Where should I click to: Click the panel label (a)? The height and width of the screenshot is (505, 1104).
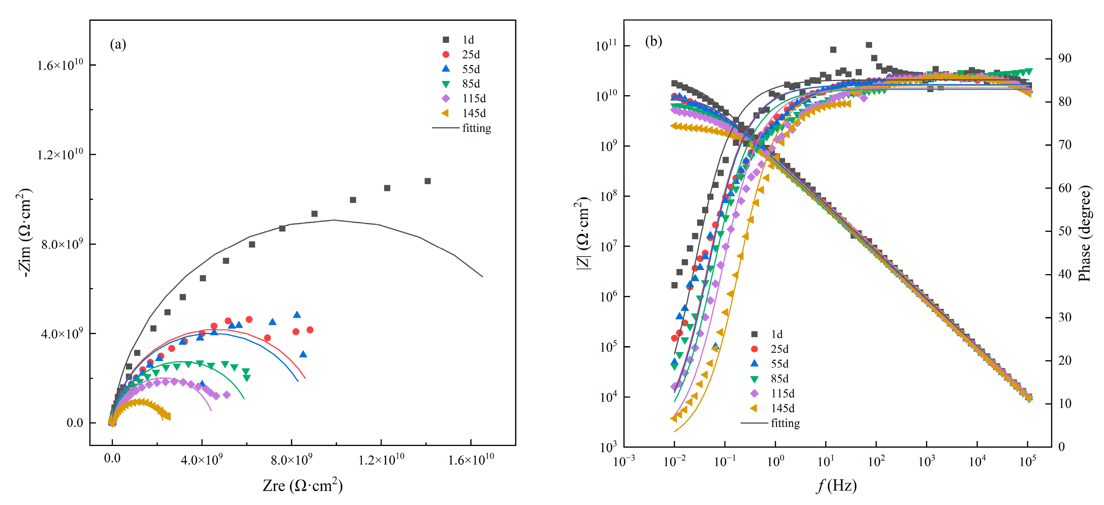click(118, 44)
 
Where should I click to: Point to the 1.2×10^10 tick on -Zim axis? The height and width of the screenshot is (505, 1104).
click(60, 154)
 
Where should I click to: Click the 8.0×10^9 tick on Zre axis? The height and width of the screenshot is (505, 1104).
click(292, 460)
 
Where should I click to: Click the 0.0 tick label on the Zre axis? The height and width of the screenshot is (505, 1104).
click(112, 459)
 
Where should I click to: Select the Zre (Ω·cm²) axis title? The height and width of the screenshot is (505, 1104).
click(303, 486)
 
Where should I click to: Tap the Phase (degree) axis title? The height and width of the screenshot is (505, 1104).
click(1084, 233)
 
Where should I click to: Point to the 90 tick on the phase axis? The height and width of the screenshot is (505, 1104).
click(1065, 58)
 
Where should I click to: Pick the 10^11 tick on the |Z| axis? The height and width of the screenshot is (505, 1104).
click(606, 46)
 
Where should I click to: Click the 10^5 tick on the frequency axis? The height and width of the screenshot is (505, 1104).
click(1028, 461)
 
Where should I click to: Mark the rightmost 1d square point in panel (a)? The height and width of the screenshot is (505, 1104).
click(427, 181)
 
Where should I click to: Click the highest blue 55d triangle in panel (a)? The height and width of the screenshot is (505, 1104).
click(296, 315)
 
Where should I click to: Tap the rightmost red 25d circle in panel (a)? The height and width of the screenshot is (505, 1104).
click(310, 330)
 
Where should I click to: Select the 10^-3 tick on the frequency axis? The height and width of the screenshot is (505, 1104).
click(624, 461)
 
